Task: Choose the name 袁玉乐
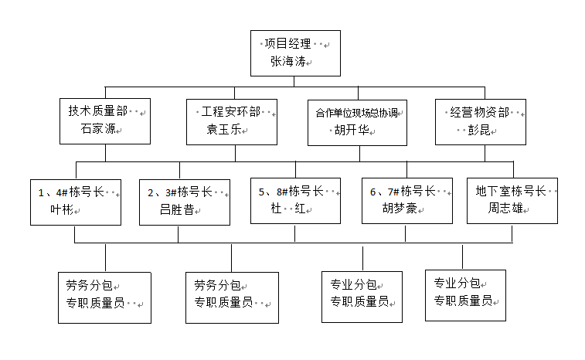224,129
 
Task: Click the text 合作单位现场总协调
356,113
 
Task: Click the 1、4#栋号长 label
70,192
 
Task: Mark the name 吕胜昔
176,209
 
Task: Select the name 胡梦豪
399,208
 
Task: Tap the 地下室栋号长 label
511,192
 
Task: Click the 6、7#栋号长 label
402,192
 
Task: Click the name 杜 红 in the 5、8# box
289,209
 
